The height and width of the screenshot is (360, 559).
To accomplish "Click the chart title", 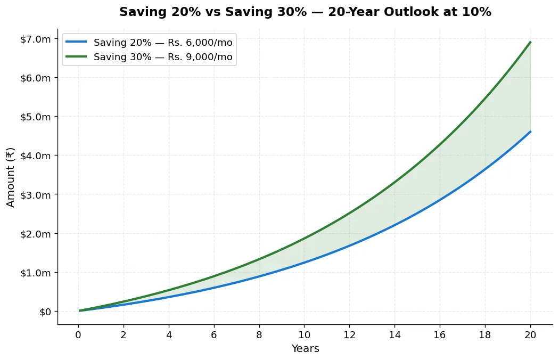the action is tap(305, 12).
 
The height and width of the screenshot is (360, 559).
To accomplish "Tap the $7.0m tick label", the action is tap(36, 39).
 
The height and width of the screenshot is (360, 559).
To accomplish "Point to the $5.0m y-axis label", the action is tap(36, 117).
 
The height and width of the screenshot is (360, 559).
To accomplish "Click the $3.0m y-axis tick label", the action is tap(36, 195).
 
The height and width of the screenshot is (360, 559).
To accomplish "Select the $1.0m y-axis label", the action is tap(36, 273).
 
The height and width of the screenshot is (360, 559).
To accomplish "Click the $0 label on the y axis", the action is tap(45, 312).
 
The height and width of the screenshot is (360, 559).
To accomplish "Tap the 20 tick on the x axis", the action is tap(530, 334).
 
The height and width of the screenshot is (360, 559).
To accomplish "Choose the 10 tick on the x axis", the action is tap(305, 334).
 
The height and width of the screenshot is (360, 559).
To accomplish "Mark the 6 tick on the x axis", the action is tap(214, 334).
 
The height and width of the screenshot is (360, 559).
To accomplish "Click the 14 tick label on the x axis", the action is tap(394, 334).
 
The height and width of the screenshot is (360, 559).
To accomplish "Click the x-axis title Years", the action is tap(305, 348).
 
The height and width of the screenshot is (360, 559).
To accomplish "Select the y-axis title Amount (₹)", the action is tap(10, 177).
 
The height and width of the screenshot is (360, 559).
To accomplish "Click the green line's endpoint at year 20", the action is tap(530, 42).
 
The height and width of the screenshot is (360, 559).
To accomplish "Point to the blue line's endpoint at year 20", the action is tap(530, 132).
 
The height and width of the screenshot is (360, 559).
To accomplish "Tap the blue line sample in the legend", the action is tap(76, 42).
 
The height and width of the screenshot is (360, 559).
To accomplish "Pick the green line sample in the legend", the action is tap(76, 56).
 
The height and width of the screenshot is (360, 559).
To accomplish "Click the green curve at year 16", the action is tap(440, 143).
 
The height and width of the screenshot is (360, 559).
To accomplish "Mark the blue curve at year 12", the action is tap(350, 245).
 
